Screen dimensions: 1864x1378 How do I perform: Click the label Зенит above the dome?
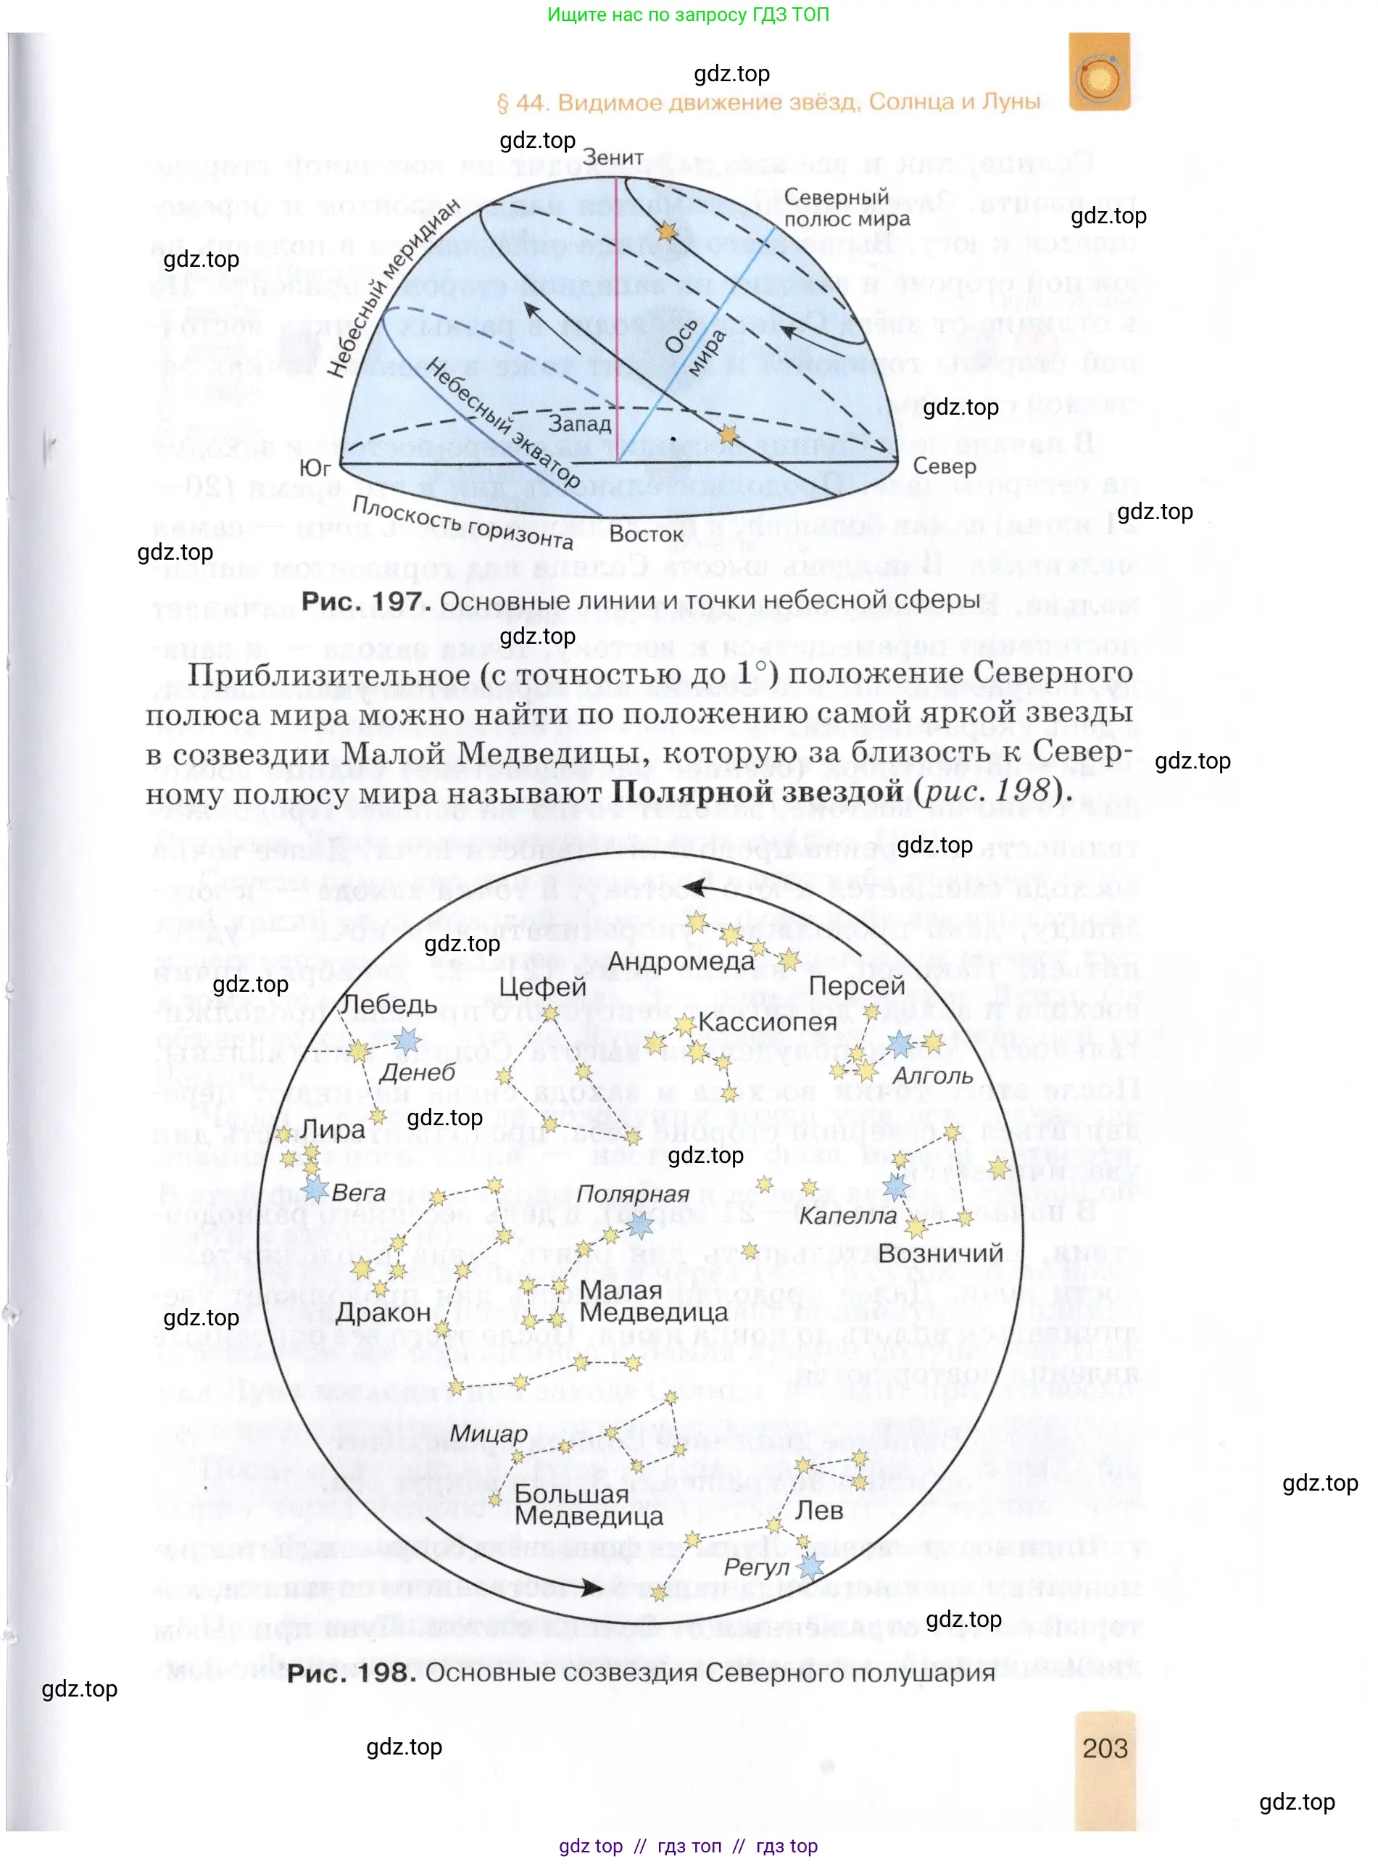pyautogui.click(x=613, y=158)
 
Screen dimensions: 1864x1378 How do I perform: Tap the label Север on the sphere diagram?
pyautogui.click(x=945, y=466)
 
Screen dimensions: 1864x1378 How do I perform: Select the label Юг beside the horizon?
pyautogui.click(x=315, y=469)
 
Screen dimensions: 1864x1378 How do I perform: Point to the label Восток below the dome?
pyautogui.click(x=646, y=534)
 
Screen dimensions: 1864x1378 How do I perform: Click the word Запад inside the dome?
pyautogui.click(x=580, y=424)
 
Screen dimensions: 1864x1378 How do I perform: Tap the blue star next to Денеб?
pyautogui.click(x=407, y=1040)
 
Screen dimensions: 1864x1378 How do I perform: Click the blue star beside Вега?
pyautogui.click(x=315, y=1189)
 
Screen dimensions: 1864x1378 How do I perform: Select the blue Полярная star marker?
pyautogui.click(x=640, y=1224)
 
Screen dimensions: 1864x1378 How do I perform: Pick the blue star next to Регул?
pyautogui.click(x=811, y=1566)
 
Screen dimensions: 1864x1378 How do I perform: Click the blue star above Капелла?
pyautogui.click(x=896, y=1187)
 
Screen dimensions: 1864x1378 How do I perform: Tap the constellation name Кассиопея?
pyautogui.click(x=767, y=1022)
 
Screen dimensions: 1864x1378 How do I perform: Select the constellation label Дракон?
pyautogui.click(x=383, y=1312)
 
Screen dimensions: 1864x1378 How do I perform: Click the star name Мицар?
pyautogui.click(x=489, y=1434)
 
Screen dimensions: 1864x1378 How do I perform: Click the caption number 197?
pyautogui.click(x=397, y=601)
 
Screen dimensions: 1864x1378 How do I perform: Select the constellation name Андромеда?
pyautogui.click(x=681, y=961)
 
